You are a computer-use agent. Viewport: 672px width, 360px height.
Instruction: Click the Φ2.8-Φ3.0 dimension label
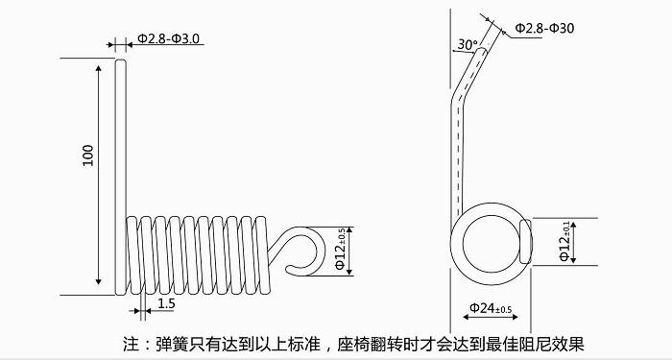pyautogui.click(x=168, y=38)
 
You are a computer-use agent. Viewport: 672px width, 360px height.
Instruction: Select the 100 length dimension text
pyautogui.click(x=88, y=156)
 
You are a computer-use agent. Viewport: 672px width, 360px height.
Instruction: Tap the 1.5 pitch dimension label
pyautogui.click(x=166, y=304)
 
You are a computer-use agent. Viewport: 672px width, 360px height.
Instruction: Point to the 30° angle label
pyautogui.click(x=468, y=44)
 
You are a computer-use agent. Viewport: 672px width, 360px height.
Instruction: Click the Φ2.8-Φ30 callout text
pyautogui.click(x=544, y=28)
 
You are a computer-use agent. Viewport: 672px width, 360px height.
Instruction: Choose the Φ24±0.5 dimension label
pyautogui.click(x=491, y=308)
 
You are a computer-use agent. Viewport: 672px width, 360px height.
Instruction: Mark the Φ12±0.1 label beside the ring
pyautogui.click(x=564, y=241)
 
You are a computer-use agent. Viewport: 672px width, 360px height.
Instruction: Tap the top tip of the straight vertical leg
pyautogui.click(x=121, y=60)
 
